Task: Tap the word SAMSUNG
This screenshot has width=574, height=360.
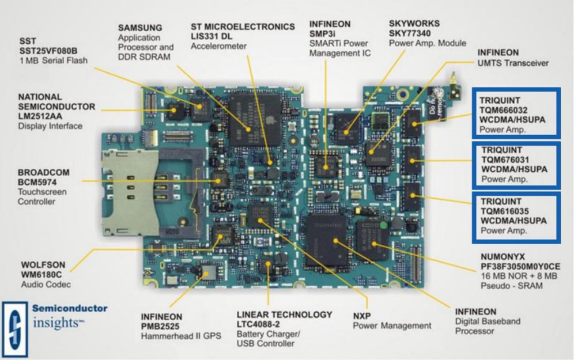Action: point(141,28)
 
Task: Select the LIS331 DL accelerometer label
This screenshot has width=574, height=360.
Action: point(213,37)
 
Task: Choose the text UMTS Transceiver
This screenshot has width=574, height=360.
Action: point(513,62)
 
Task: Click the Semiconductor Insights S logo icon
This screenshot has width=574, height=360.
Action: point(15,323)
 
